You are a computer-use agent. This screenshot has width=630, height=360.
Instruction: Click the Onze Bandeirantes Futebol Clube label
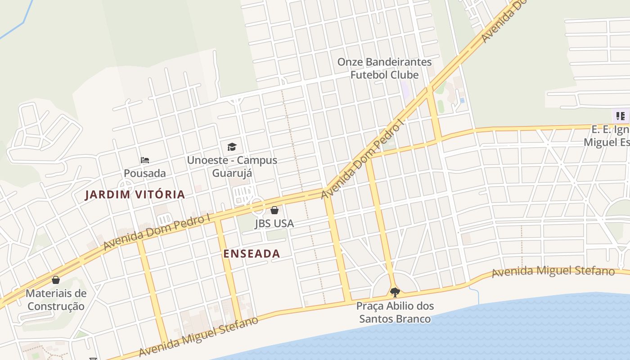click(385, 68)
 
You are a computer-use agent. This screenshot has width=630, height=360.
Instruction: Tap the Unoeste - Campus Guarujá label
click(232, 166)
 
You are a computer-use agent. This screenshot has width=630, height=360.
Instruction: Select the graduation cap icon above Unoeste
click(232, 147)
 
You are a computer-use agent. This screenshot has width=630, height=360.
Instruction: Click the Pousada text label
click(145, 173)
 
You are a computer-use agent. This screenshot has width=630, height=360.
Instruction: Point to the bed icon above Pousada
click(145, 160)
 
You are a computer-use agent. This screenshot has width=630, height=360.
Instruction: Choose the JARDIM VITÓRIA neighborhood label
click(135, 195)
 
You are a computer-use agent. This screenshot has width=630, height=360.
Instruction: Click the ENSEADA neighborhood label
click(252, 254)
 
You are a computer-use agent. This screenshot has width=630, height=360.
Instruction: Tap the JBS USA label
click(274, 224)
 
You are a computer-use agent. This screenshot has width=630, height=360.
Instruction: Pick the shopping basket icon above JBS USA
click(274, 210)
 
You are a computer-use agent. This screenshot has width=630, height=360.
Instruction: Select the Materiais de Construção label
click(56, 300)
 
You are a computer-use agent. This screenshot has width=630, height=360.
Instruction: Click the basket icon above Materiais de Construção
click(56, 280)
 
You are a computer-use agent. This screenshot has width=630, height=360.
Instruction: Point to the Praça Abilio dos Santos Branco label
click(395, 312)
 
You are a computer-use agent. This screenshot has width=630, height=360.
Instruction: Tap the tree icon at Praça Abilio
click(395, 292)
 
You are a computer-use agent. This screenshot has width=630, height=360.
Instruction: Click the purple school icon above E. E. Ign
click(621, 116)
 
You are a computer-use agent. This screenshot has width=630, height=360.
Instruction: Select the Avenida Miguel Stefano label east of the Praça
click(553, 272)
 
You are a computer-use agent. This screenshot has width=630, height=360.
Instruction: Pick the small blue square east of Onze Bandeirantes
click(462, 100)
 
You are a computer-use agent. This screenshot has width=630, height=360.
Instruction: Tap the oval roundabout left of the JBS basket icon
click(258, 207)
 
